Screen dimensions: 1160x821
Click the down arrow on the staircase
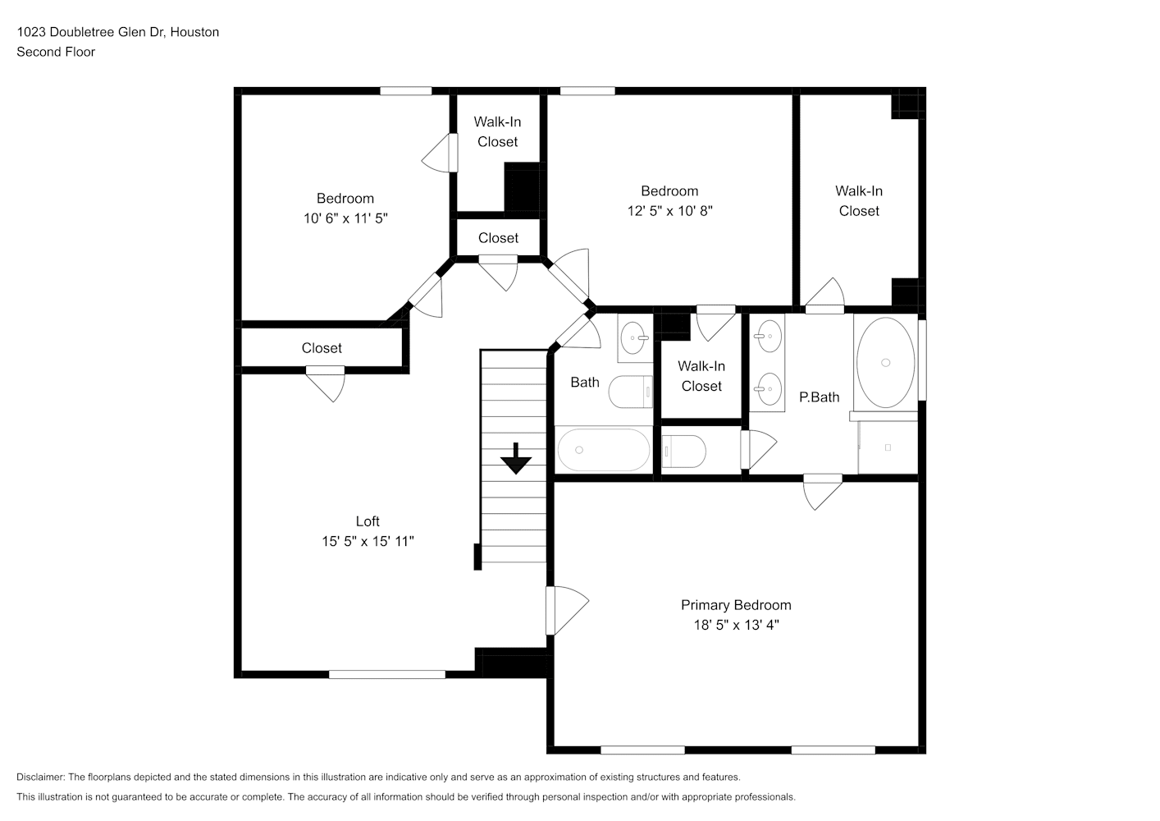516,458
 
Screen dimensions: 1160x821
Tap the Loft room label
368,521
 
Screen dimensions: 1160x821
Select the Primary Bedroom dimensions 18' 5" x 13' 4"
736,625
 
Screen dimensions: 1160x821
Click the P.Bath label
820,397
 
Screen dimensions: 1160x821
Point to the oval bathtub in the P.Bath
885,362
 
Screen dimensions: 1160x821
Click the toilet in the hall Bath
630,392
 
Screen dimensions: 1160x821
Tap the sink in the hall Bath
636,338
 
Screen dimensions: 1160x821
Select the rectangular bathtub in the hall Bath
604,449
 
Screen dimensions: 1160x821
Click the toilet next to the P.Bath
683,452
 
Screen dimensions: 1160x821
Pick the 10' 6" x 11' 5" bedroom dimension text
345,218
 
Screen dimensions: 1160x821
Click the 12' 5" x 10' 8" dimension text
669,211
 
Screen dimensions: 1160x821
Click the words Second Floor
56,52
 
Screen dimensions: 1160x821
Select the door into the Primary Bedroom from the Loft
567,610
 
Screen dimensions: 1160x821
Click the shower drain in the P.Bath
888,447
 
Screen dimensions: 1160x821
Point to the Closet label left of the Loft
322,348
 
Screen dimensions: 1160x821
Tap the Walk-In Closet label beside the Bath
701,376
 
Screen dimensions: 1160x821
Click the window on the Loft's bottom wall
387,674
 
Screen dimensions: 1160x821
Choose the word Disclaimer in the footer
41,777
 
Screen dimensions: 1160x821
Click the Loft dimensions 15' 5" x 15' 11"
368,542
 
